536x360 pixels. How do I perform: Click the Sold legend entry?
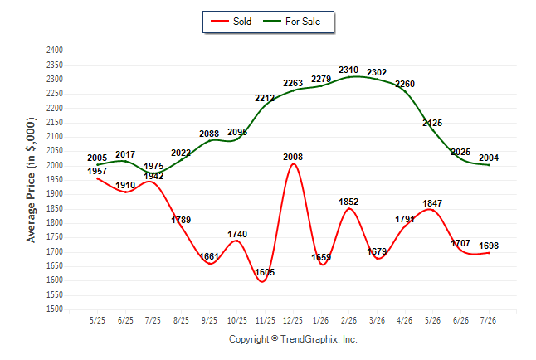[231, 22]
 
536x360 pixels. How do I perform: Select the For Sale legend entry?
[291, 22]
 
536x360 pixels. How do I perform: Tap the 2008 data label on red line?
[293, 157]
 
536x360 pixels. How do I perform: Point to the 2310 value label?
[348, 70]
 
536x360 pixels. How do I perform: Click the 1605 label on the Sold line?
[265, 272]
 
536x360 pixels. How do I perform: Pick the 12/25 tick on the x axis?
[293, 320]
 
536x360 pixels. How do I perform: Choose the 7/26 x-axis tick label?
[489, 320]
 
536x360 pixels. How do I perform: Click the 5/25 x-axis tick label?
[97, 320]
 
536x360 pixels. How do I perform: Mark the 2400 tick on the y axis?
[55, 51]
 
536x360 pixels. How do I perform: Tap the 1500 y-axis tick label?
[55, 309]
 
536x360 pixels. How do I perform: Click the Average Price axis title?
[31, 180]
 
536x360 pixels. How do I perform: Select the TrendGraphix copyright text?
[293, 339]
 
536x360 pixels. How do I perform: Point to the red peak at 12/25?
[293, 163]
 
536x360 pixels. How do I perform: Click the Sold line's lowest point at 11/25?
[262, 282]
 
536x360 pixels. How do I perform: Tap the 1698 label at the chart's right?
[489, 246]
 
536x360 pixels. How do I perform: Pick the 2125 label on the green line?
[432, 123]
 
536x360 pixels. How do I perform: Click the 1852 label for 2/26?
[348, 202]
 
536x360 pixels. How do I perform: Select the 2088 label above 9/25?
[209, 134]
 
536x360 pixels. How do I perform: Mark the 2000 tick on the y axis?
[55, 165]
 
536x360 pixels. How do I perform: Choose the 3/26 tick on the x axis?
[377, 320]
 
